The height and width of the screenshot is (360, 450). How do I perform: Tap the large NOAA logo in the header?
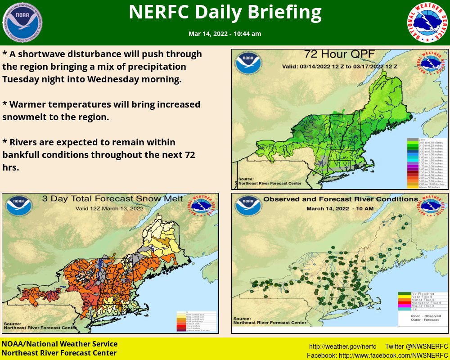pos(22,22)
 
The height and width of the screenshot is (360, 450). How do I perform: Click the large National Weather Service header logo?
pos(428,22)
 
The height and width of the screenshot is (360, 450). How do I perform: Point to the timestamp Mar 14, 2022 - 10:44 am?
pos(225,34)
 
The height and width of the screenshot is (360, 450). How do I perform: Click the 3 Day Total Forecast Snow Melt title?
pos(112,199)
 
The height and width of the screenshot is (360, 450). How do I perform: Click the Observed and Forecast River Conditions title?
pos(334,199)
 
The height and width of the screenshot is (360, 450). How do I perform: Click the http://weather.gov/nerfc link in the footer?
pos(342,346)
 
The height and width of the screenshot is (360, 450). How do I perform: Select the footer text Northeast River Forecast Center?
pos(59,353)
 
